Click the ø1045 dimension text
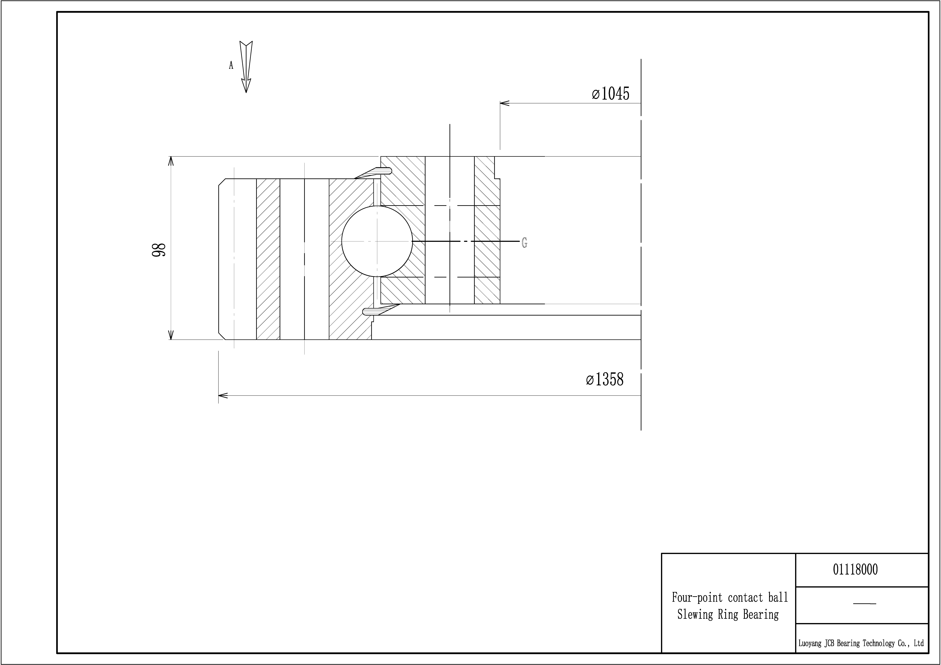[610, 94]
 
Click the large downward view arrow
[246, 67]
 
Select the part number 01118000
[855, 570]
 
